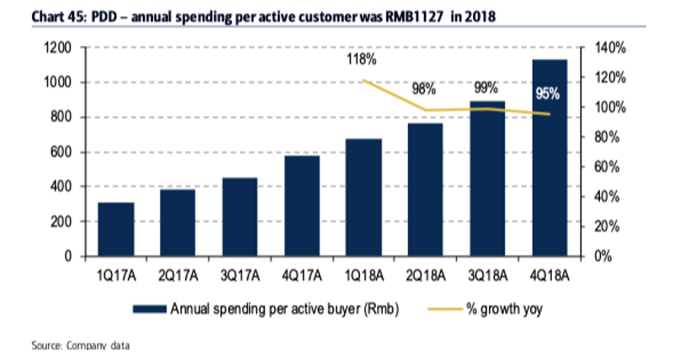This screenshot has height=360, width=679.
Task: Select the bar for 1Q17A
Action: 116,230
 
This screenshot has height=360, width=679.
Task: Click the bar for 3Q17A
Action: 240,217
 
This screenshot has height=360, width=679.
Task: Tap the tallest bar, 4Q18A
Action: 549,158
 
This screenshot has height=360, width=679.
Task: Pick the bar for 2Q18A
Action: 425,189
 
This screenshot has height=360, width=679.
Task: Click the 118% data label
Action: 361,59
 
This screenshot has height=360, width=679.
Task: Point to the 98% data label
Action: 423,89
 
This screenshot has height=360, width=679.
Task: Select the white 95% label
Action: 548,93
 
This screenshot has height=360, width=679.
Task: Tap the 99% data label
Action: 485,87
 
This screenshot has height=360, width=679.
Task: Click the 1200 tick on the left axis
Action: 57,48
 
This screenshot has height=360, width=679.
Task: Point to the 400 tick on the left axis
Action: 61,187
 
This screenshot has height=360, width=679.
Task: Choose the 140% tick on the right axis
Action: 610,48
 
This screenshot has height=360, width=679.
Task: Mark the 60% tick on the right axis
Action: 607,167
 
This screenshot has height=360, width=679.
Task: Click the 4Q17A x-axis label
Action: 302,276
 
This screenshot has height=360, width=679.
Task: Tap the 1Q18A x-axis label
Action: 363,276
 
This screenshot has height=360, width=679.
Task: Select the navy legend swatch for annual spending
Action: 150,309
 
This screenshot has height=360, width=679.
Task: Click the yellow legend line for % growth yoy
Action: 445,309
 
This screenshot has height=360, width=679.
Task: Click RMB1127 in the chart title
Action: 415,17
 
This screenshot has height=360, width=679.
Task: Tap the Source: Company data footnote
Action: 81,346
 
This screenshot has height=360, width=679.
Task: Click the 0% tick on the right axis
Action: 602,257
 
